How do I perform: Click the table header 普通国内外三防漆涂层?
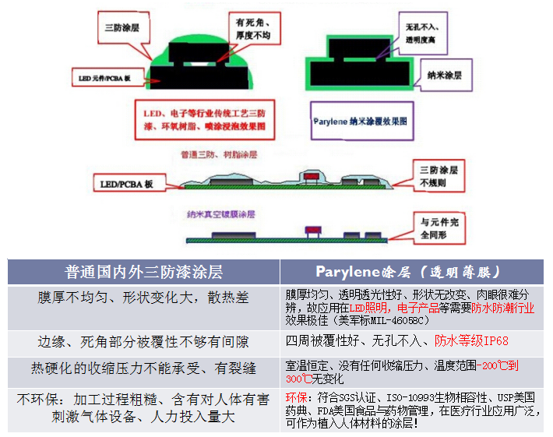pos(143,272)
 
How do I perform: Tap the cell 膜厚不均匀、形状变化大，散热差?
pos(144,298)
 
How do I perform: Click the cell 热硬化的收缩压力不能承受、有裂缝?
pos(144,368)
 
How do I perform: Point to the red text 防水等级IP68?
pos(471,340)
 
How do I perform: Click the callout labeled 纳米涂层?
pos(445,76)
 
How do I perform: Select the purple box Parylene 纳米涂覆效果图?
pos(359,122)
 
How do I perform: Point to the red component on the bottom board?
pos(312,231)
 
